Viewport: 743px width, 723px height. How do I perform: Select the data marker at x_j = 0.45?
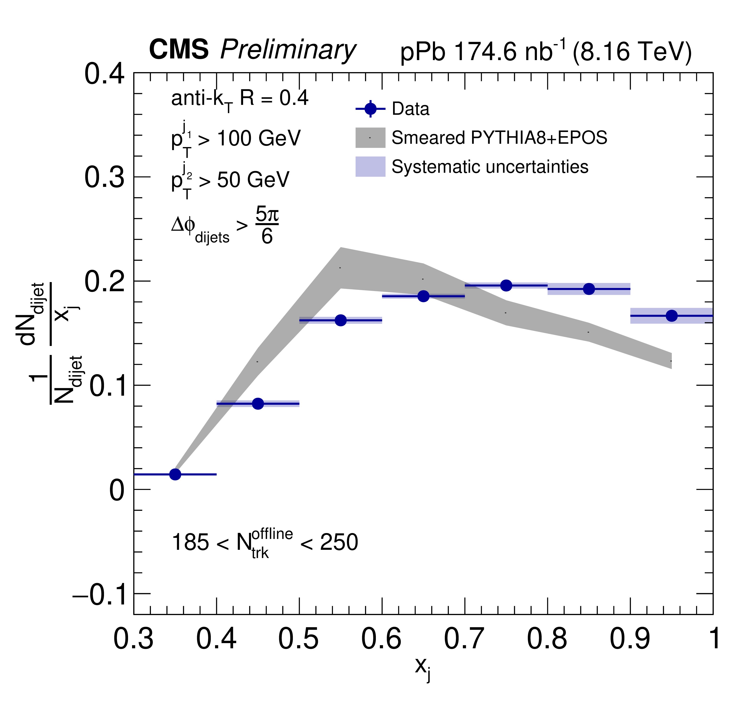(x=258, y=403)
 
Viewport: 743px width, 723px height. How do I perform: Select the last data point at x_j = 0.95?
(x=672, y=316)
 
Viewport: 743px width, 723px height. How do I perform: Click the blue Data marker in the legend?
(x=370, y=109)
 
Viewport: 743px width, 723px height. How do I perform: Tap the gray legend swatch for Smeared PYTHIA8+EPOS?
(x=370, y=137)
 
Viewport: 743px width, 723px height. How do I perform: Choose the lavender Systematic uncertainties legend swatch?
(x=370, y=166)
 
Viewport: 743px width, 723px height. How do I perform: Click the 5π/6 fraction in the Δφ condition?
(x=267, y=226)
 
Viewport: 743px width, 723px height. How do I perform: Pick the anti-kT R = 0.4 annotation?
(x=240, y=99)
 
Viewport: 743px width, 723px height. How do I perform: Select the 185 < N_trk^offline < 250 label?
(x=265, y=543)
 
